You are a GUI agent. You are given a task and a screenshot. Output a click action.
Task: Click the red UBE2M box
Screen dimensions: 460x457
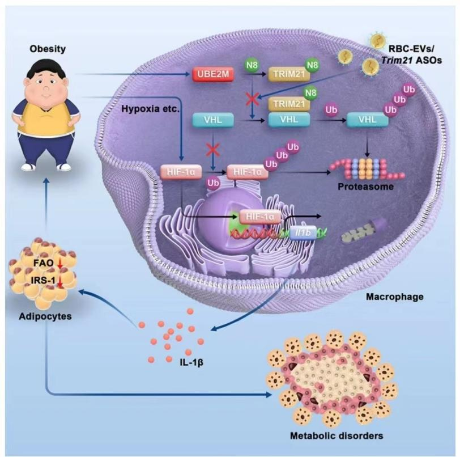213,74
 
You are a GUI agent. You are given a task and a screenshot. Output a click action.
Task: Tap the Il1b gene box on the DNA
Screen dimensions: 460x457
303,232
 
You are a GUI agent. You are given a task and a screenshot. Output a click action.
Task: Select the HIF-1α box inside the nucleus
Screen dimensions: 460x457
260,217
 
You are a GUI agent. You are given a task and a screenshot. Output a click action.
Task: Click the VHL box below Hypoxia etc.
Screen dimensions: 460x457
213,120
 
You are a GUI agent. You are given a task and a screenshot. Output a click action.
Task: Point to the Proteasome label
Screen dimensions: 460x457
365,187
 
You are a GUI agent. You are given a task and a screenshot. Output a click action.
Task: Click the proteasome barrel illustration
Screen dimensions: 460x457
367,169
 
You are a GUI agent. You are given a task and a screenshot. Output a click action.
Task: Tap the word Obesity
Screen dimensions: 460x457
48,49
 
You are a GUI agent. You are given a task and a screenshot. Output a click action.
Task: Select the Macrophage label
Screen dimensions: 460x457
395,297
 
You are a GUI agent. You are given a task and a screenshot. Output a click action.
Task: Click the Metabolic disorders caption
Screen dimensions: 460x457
337,435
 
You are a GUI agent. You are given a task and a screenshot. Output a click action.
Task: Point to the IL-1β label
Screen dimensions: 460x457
191,362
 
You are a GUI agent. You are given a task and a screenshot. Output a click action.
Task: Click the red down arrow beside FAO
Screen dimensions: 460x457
60,263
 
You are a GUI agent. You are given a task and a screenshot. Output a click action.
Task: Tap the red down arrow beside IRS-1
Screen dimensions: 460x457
61,281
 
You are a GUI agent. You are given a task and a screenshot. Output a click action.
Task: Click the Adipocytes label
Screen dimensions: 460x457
45,316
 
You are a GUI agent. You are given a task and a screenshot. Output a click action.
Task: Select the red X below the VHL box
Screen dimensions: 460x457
213,151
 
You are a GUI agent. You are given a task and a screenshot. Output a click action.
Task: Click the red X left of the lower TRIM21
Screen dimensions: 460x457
252,100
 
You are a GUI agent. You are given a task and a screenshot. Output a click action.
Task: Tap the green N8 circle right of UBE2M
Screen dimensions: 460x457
252,65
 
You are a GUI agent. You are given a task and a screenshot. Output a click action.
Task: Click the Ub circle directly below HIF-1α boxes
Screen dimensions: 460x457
213,183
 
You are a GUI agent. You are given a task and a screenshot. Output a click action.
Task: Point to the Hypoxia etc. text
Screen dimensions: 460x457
150,109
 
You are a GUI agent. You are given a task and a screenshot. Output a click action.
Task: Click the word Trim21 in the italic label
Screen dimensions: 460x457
397,60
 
